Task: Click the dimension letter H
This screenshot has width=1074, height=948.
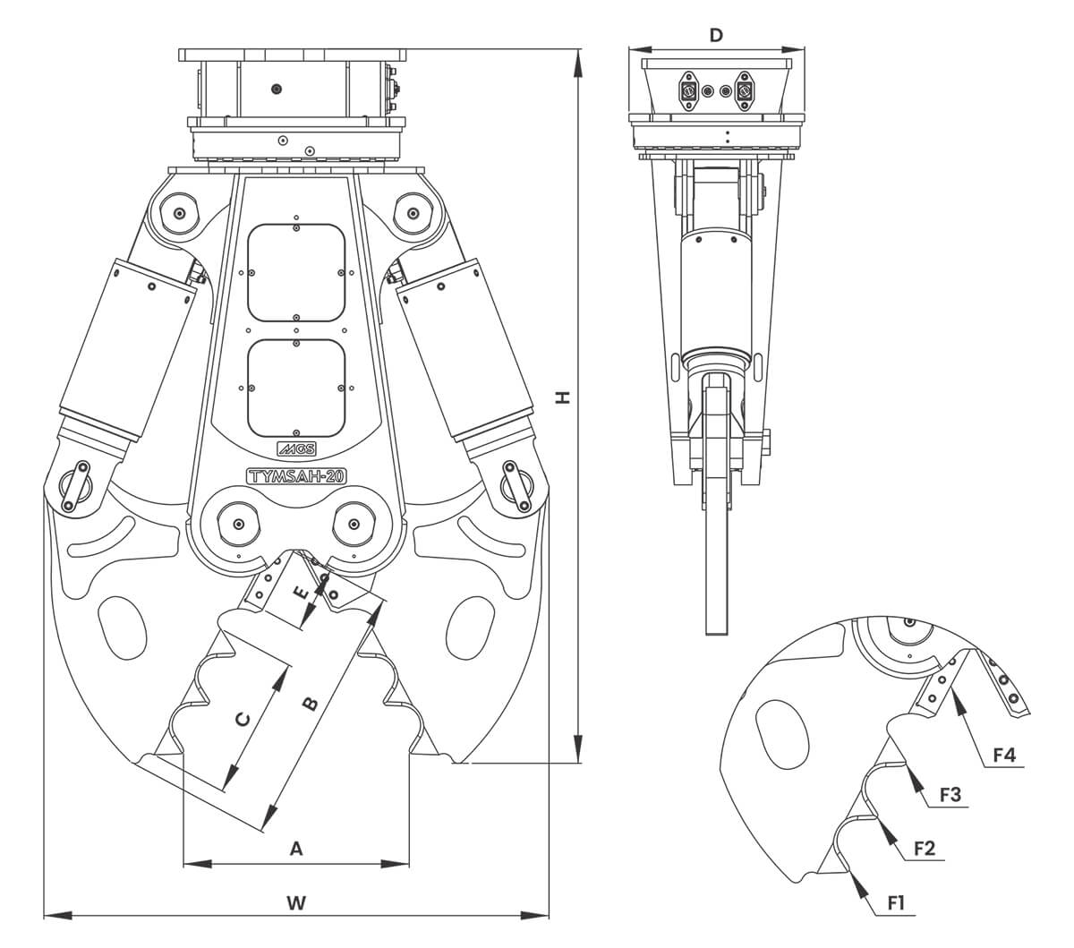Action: click(x=562, y=397)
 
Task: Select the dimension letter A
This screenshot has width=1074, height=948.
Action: click(x=297, y=848)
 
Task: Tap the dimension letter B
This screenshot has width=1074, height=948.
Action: click(x=308, y=703)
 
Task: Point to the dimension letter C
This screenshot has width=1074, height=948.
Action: click(x=242, y=718)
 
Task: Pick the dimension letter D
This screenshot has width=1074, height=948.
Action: click(x=715, y=35)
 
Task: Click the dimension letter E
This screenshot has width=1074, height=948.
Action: click(x=302, y=592)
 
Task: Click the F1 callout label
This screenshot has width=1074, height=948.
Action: click(x=896, y=904)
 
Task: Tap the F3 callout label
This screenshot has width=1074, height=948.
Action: click(x=950, y=795)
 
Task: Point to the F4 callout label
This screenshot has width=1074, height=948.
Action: click(x=1004, y=755)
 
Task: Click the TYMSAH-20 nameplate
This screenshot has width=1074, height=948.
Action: click(x=296, y=476)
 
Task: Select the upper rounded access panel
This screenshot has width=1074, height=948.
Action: click(x=296, y=272)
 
